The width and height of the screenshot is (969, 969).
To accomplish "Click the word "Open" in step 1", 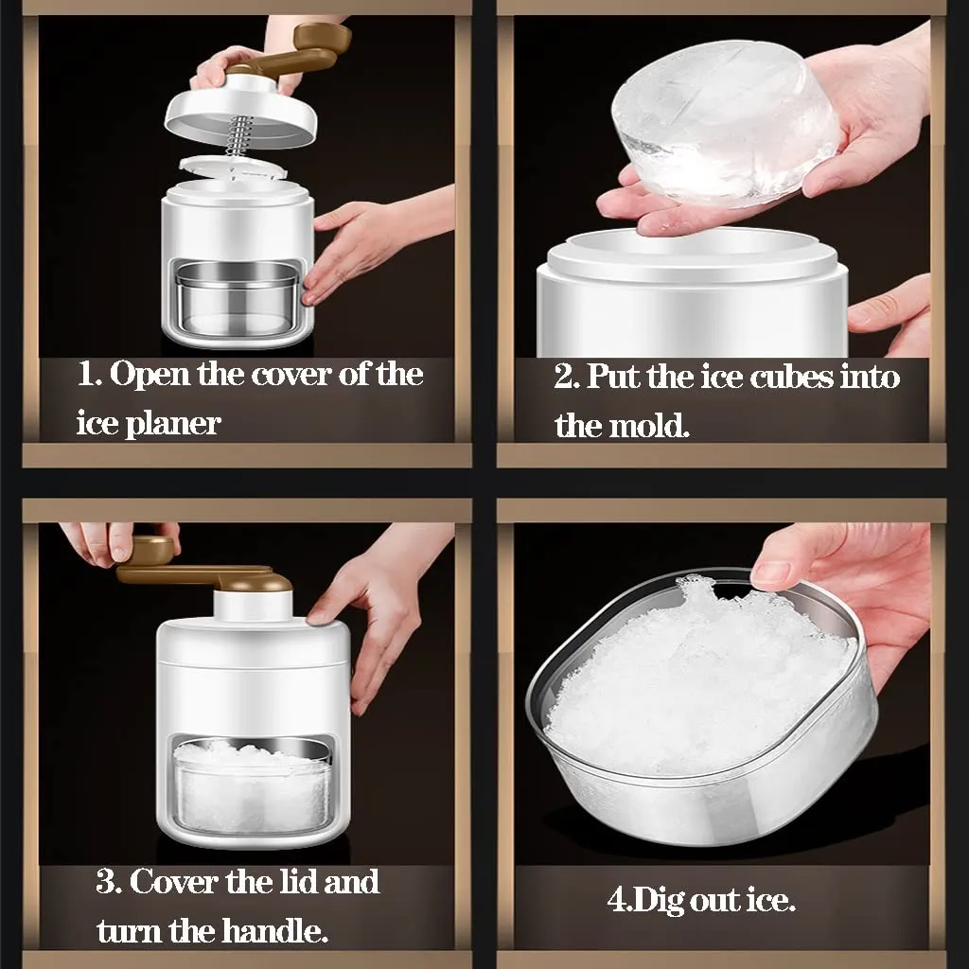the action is pos(149,375).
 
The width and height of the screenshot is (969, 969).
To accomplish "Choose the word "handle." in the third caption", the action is pos(273,931).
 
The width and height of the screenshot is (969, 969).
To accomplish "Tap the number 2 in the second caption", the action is pos(564,377).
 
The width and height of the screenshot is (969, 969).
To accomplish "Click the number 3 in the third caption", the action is pos(106,882).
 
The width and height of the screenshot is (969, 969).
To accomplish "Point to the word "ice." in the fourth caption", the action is pos(771,901).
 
